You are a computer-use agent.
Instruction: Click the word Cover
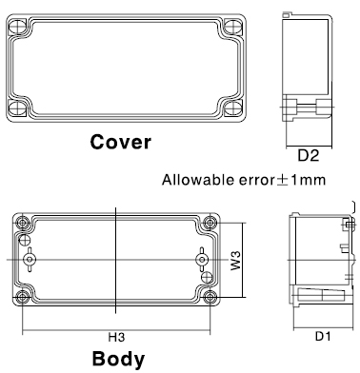[120, 142]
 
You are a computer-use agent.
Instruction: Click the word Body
[118, 359]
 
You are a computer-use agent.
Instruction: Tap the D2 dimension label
[309, 155]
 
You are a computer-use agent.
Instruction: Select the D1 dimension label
[323, 336]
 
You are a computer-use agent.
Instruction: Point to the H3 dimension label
[116, 337]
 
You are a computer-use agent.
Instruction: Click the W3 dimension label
[236, 261]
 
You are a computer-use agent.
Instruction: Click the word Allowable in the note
[198, 180]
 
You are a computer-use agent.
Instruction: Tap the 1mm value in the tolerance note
[309, 180]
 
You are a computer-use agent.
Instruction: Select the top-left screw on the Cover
[17, 27]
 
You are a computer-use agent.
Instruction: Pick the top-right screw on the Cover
[233, 27]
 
